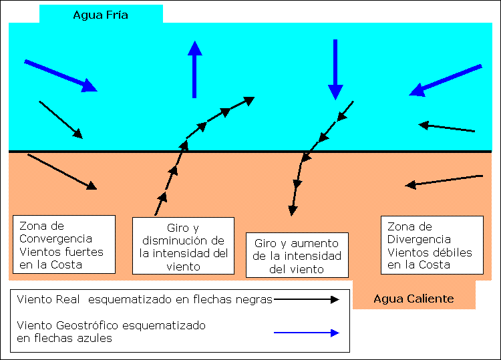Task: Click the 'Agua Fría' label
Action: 100,14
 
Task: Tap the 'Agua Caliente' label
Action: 413,299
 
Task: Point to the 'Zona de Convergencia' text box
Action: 64,245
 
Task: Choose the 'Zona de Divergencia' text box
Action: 432,245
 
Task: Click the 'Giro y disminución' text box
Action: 183,246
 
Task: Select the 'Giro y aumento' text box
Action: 297,256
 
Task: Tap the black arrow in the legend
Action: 307,299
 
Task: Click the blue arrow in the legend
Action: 307,333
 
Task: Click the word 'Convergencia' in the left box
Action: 56,239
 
